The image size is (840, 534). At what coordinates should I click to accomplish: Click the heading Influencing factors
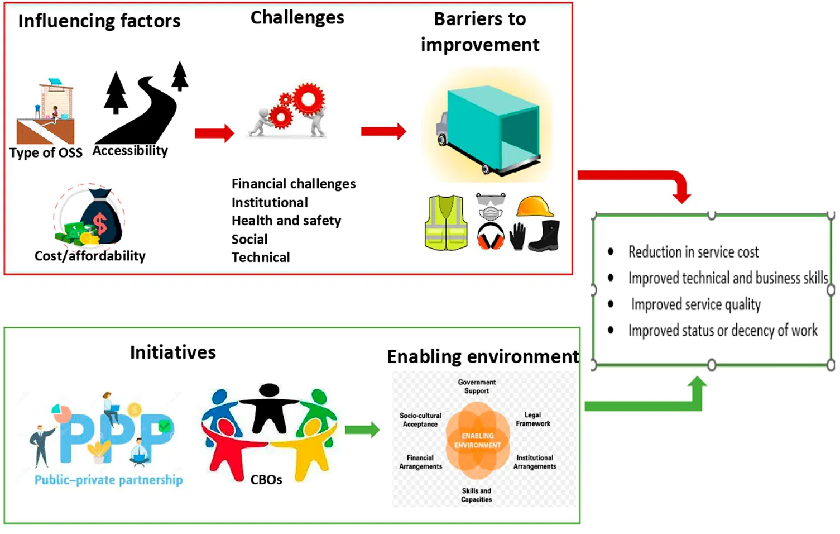[99, 21]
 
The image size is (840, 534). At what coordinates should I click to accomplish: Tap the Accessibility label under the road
[130, 151]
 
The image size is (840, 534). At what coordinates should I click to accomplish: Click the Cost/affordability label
[90, 256]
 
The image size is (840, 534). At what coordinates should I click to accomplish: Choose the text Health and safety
[286, 221]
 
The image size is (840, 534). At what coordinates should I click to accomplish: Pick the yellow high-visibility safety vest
[445, 222]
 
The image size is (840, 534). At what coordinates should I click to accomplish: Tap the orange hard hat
[534, 206]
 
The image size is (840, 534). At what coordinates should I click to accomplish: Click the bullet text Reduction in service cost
[693, 252]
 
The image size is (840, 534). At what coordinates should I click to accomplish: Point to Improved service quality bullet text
[696, 304]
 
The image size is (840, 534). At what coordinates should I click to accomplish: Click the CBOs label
[266, 480]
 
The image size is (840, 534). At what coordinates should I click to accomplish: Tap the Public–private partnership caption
[109, 480]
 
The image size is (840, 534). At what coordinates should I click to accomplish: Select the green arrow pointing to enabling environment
[362, 430]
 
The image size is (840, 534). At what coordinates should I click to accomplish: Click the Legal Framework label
[532, 419]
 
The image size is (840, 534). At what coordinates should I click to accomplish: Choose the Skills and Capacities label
[477, 495]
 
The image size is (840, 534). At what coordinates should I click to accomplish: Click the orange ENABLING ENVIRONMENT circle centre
[477, 441]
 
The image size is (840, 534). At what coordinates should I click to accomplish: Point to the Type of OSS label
[46, 153]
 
